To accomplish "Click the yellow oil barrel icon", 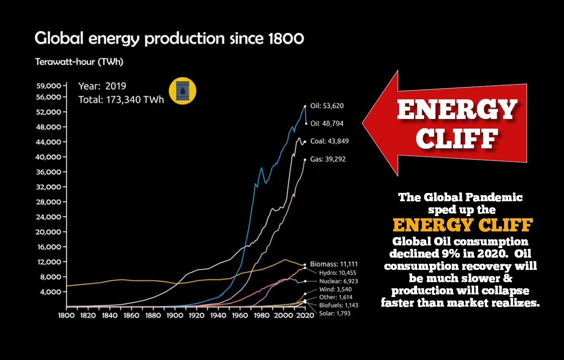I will pyautogui.click(x=182, y=91).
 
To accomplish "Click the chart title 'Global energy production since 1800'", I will pyautogui.click(x=169, y=38).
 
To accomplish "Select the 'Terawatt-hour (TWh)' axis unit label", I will pyautogui.click(x=79, y=62).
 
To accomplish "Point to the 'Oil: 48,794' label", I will pyautogui.click(x=327, y=124).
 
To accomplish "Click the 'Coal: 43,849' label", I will pyautogui.click(x=329, y=141).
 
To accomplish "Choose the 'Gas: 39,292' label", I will pyautogui.click(x=327, y=159).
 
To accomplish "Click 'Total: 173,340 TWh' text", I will pyautogui.click(x=121, y=100).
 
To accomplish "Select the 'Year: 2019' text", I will pyautogui.click(x=102, y=86).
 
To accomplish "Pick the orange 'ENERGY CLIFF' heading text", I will pyautogui.click(x=463, y=225).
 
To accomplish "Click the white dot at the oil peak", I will pyautogui.click(x=305, y=106).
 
